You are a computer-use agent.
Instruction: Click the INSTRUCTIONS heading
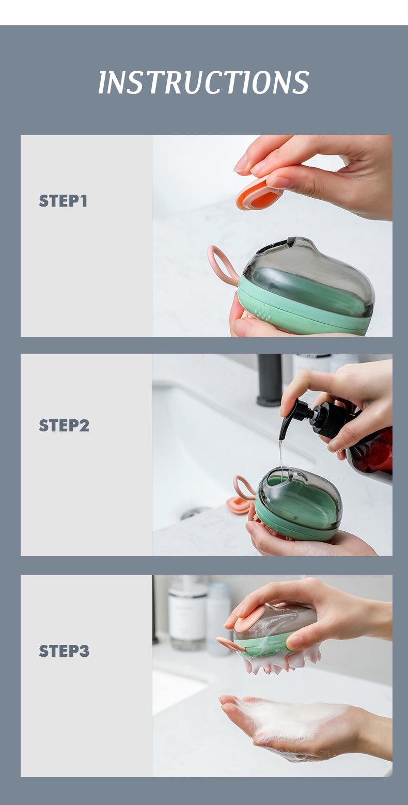(x=203, y=82)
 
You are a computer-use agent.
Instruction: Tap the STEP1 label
(x=63, y=201)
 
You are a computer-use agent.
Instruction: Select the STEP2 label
(x=64, y=425)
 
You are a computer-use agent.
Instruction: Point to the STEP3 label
(x=64, y=651)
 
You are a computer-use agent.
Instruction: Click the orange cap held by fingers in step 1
(x=258, y=194)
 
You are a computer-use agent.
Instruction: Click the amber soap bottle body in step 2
(x=372, y=453)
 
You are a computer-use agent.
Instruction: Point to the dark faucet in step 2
(x=269, y=380)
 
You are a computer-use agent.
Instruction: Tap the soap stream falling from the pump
(x=281, y=456)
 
